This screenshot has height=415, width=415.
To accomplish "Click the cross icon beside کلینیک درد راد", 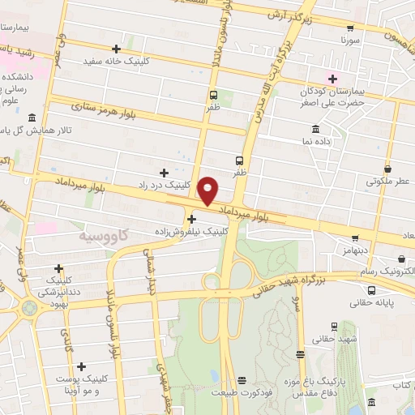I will click(164, 172).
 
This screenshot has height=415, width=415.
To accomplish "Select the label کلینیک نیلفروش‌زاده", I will click(193, 231).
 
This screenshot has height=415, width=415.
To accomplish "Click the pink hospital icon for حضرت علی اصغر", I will click(331, 78).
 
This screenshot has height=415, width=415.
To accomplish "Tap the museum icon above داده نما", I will click(314, 129).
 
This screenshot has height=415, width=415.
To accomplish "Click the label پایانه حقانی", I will click(372, 303).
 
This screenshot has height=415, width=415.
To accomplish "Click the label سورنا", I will click(348, 39).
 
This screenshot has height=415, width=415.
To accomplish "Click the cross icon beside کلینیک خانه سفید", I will click(118, 49).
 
